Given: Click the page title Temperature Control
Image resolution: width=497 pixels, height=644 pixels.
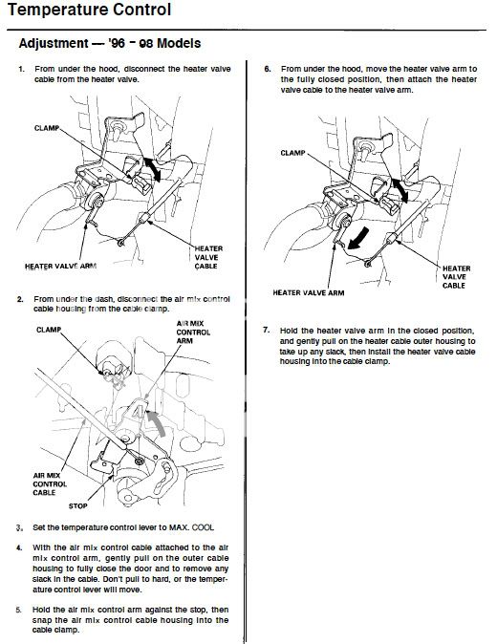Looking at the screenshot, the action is pos(89,10).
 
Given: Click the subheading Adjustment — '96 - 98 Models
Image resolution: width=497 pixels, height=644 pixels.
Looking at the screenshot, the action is pos(110,43).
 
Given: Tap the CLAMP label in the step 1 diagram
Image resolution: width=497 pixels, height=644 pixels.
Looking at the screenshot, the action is pos(47,128).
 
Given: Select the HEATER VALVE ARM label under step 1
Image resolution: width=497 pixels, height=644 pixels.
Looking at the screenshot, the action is pos(61,267).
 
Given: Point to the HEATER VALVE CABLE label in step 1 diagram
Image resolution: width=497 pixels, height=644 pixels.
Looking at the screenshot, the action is pos(208,258).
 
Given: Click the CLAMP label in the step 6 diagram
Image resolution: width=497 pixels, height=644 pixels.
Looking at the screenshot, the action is pos(292,153).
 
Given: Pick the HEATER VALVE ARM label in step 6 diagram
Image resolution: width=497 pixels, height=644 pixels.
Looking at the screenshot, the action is pos(309,292).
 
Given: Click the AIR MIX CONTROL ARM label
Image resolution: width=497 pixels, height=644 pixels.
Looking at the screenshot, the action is pos(193,333).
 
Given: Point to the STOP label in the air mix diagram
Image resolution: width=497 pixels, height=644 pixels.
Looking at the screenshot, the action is pos(77,506).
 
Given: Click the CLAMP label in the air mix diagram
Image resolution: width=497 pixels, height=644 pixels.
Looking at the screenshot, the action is pos(49,330).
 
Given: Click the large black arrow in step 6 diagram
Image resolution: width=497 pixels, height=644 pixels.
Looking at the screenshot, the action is pos(358,239).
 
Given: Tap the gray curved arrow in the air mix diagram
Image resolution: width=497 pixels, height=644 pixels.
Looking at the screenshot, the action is pos(159,421).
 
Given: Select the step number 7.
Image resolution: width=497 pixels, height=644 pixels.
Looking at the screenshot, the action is pos(266,331).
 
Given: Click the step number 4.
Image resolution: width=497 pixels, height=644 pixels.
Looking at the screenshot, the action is pos(19,547).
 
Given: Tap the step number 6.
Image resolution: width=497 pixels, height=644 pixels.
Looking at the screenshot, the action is pos(268,69).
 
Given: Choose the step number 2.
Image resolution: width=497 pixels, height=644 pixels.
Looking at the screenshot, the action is pos(20,299).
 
